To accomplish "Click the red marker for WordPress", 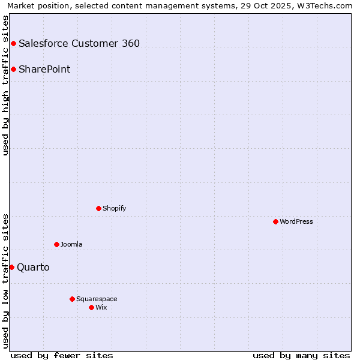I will tap(275, 221).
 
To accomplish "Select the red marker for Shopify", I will tap(98, 208).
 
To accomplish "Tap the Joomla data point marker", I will tap(56, 244).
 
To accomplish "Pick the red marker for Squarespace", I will tap(72, 299).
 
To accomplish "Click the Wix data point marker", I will tap(91, 307).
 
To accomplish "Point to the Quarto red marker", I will tap(11, 267).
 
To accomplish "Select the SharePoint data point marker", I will tap(13, 69).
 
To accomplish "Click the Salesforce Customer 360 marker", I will tap(13, 43).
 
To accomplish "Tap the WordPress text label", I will tap(296, 221).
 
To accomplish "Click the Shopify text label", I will tap(114, 208).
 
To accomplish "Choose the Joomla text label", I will tap(71, 244).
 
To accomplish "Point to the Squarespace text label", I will tap(97, 299).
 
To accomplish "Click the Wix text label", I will tap(101, 307).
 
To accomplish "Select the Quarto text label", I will tap(33, 267).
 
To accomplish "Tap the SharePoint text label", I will tap(44, 69).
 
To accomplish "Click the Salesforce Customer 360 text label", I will tap(79, 43).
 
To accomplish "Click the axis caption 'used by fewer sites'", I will tap(62, 355).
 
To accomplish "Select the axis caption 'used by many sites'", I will tap(301, 355).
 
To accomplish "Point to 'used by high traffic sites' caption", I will tap(5, 85).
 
